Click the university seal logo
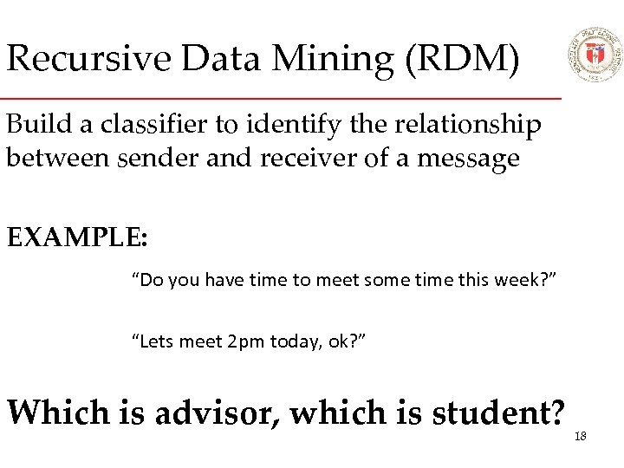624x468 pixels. pos(594,54)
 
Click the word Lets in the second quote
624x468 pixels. pos(155,342)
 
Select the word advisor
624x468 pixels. pos(222,413)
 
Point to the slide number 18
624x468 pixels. pos(580,436)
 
